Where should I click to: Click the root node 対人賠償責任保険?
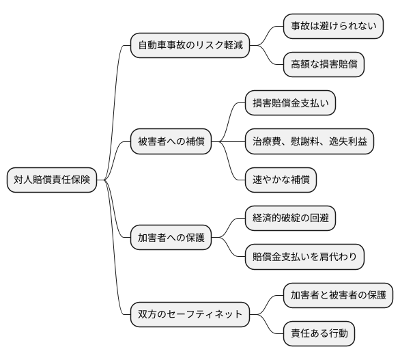52,180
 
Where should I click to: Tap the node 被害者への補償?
171,143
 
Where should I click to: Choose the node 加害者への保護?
171,239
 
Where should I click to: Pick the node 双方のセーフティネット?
189,314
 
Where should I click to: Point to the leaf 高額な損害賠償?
324,66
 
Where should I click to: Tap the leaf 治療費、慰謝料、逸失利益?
309,142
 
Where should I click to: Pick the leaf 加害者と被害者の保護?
338,295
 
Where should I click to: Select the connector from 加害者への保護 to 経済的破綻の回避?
229,229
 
